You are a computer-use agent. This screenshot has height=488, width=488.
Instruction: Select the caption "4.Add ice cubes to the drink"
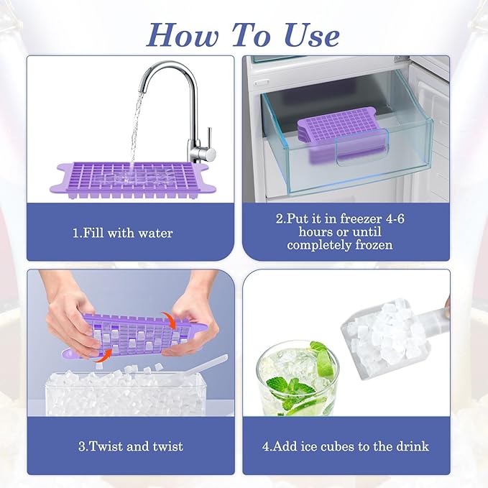(x=346, y=446)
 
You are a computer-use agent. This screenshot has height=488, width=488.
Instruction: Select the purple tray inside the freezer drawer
(x=338, y=133)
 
